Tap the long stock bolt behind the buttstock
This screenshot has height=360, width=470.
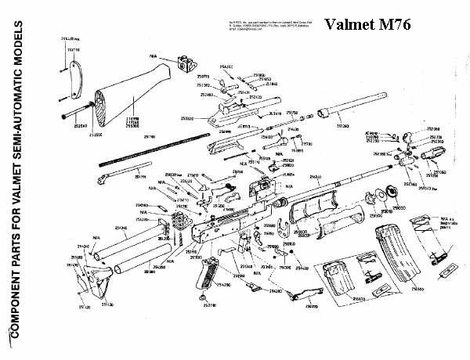[x=79, y=116]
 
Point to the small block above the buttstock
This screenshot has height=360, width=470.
[x=187, y=59]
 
